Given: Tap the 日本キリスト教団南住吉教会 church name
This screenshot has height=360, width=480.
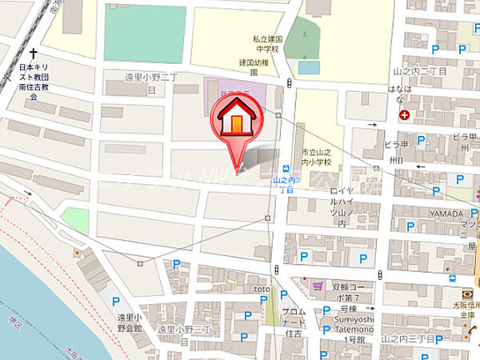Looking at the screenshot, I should [x=34, y=82].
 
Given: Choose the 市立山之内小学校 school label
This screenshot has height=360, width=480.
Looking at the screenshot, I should [x=318, y=158].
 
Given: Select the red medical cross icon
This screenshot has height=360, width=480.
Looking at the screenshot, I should [x=404, y=115].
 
